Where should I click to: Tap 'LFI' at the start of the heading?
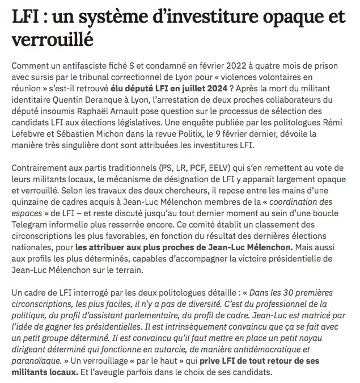click(x=26, y=17)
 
